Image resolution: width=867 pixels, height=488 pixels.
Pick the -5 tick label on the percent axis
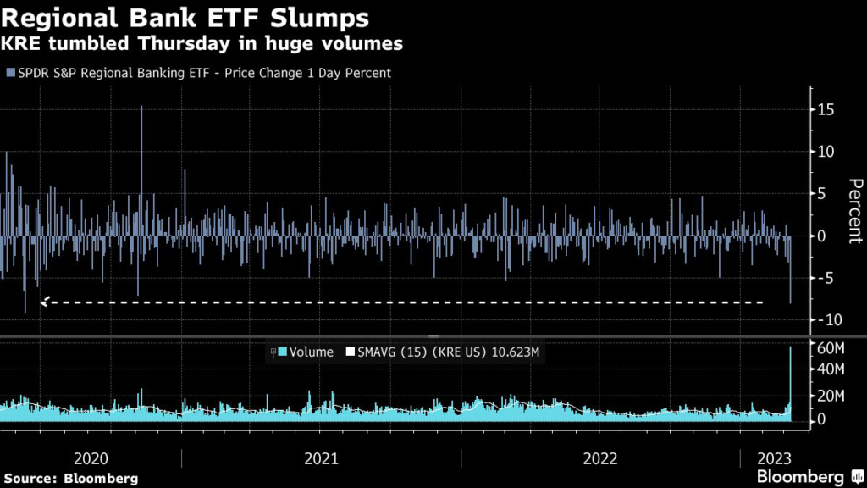pyautogui.click(x=826, y=278)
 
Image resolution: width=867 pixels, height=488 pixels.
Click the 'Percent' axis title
pyautogui.click(x=854, y=211)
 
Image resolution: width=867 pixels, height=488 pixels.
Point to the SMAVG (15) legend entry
pyautogui.click(x=440, y=352)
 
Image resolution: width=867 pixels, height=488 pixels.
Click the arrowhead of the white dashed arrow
pyautogui.click(x=44, y=301)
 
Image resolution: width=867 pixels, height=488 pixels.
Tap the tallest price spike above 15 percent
pyautogui.click(x=141, y=108)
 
